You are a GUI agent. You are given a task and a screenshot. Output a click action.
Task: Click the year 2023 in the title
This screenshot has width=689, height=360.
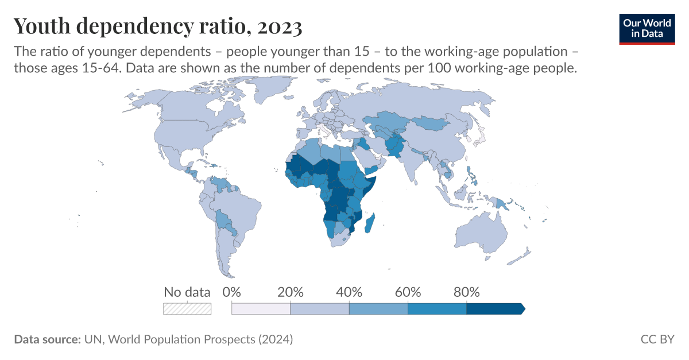point(280,26)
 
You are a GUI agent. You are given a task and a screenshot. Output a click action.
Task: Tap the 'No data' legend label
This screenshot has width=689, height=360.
point(187,292)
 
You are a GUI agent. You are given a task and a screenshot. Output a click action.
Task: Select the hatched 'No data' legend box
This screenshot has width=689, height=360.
point(187,308)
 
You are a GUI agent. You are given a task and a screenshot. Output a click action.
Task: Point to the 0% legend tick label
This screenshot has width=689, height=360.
point(231,292)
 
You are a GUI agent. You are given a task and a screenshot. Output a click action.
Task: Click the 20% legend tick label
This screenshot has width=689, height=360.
point(290,292)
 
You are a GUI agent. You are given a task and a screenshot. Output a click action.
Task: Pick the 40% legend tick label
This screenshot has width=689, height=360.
point(349,292)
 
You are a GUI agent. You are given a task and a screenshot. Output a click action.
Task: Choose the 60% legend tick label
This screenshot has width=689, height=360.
point(408,292)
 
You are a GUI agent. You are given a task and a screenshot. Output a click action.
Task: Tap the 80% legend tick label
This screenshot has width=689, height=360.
point(466,292)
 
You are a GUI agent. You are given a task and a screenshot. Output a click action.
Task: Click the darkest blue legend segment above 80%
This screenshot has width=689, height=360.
point(494,309)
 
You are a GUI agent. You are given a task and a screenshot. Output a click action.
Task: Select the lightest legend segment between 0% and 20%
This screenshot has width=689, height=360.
point(261,309)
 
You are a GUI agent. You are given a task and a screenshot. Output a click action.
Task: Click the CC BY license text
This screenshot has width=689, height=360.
point(657,339)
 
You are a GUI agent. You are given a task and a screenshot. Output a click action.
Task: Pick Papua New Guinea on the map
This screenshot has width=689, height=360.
point(505,204)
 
